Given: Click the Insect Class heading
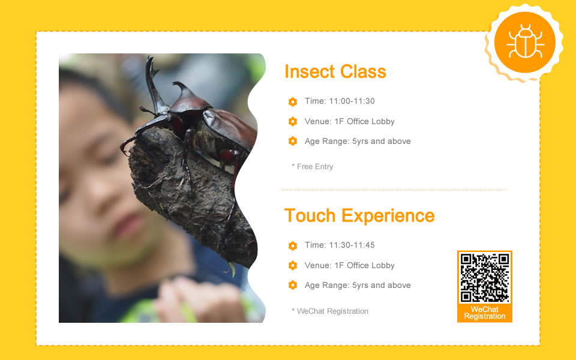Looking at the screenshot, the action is click(335, 71).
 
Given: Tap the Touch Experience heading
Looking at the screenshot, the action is click(359, 215).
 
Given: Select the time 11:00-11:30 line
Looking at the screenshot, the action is click(340, 101).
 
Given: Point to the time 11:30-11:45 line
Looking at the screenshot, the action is click(340, 245).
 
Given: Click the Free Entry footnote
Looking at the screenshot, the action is click(312, 166).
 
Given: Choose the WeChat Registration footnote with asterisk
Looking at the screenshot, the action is click(330, 311).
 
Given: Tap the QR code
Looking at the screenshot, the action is click(485, 277).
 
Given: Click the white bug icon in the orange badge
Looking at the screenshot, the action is click(525, 42).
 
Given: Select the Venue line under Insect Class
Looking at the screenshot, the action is click(349, 122).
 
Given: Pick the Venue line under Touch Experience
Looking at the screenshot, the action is click(349, 266).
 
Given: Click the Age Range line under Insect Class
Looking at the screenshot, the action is click(358, 142).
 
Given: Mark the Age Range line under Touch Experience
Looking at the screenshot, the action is click(358, 286).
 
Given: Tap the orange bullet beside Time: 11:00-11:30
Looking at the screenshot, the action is click(293, 102).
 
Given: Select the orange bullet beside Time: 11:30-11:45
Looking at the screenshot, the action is click(293, 246).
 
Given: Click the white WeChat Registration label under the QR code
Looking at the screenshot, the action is click(485, 313).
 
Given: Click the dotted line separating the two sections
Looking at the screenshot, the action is click(394, 190).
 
